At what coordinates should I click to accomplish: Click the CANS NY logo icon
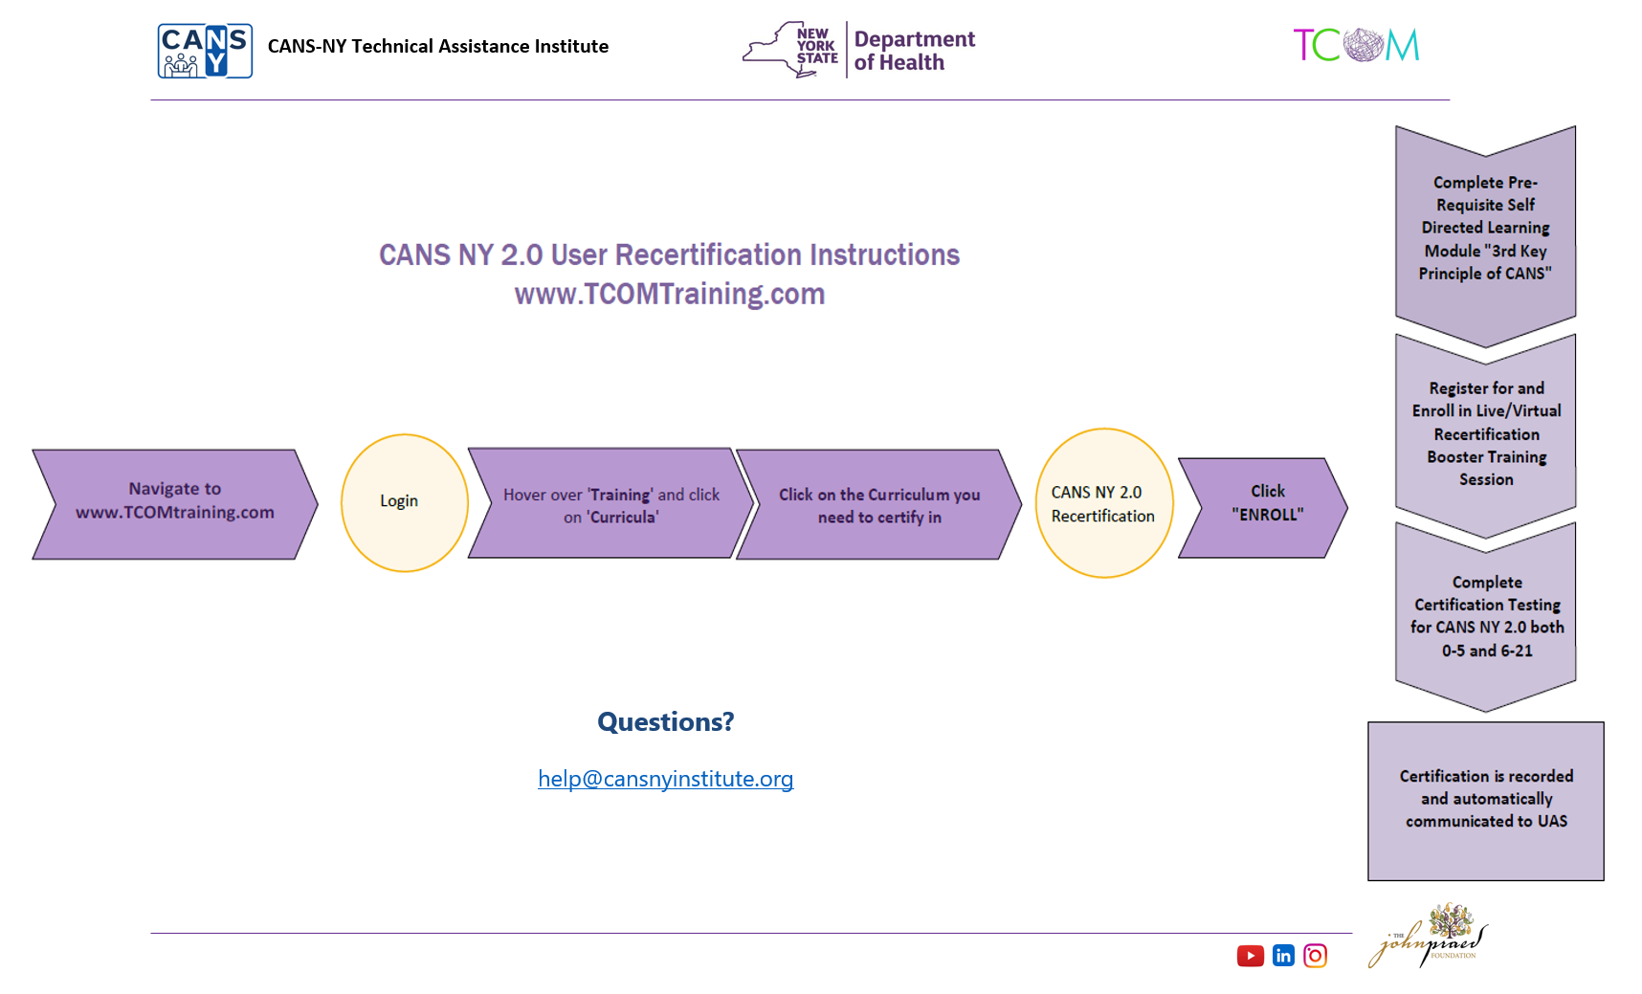point(205,51)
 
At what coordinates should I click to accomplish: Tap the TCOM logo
point(1356,45)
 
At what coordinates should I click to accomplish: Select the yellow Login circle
point(404,502)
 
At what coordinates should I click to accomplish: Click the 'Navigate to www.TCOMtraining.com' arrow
point(175,503)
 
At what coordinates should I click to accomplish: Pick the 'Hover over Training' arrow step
point(610,504)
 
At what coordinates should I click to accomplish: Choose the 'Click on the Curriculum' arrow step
point(878,505)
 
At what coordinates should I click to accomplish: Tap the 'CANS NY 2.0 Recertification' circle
point(1103,503)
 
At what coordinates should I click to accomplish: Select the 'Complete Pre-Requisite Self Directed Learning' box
point(1485,230)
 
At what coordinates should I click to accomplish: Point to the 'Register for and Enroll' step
point(1486,434)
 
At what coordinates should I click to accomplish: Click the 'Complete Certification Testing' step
point(1486,616)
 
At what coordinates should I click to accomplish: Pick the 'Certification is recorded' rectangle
point(1485,800)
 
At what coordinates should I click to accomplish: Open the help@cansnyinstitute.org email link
point(665,779)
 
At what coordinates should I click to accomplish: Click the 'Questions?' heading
point(665,721)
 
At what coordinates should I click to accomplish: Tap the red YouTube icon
point(1250,956)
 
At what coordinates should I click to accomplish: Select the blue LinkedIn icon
point(1283,956)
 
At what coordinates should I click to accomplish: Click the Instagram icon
point(1315,956)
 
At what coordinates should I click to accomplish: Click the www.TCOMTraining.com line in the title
point(669,294)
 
